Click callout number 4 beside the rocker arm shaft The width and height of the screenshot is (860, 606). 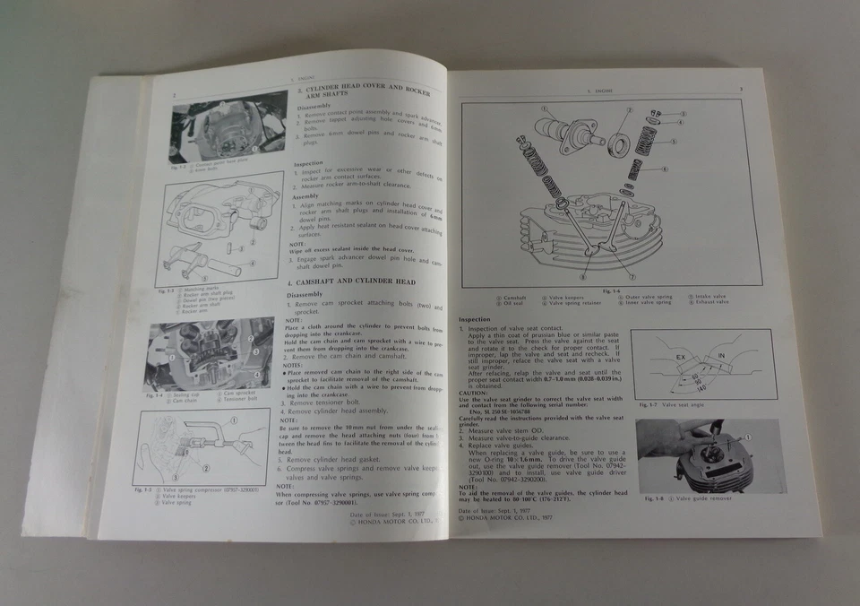pyautogui.click(x=253, y=264)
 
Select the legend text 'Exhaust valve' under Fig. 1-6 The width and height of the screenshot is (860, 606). pyautogui.click(x=709, y=302)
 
